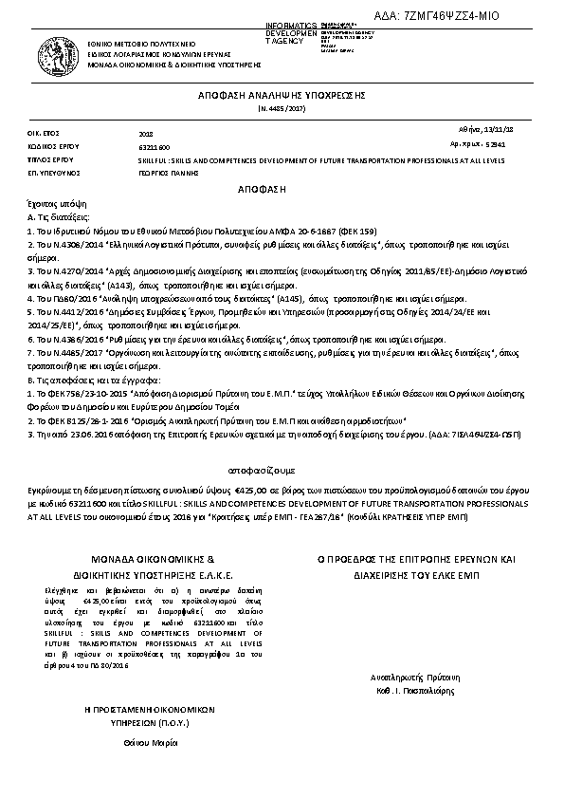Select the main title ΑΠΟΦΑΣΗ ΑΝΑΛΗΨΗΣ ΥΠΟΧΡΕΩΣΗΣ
(281, 97)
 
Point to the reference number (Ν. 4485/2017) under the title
(281, 111)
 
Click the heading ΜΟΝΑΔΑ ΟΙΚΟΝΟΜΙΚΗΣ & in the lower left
(135, 560)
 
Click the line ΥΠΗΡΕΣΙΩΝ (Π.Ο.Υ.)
(136, 721)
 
